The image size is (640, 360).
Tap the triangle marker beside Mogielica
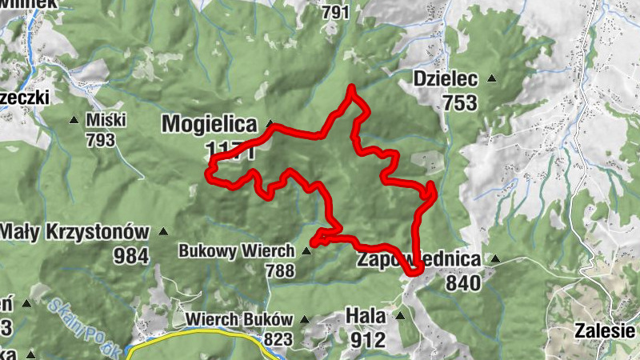(270, 124)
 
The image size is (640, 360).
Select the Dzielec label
(446, 79)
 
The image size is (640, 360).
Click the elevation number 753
(458, 102)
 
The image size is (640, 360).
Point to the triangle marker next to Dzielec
(491, 78)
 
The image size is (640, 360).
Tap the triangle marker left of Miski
(74, 120)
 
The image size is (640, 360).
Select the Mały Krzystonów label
(75, 232)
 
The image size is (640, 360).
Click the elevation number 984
(131, 256)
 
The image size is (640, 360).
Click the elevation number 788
(280, 271)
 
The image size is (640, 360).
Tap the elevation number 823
(278, 339)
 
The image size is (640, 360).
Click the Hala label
(366, 316)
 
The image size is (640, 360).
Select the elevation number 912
(367, 339)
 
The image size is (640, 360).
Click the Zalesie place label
(606, 330)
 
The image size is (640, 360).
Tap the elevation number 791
(335, 12)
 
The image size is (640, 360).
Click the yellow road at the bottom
(200, 337)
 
